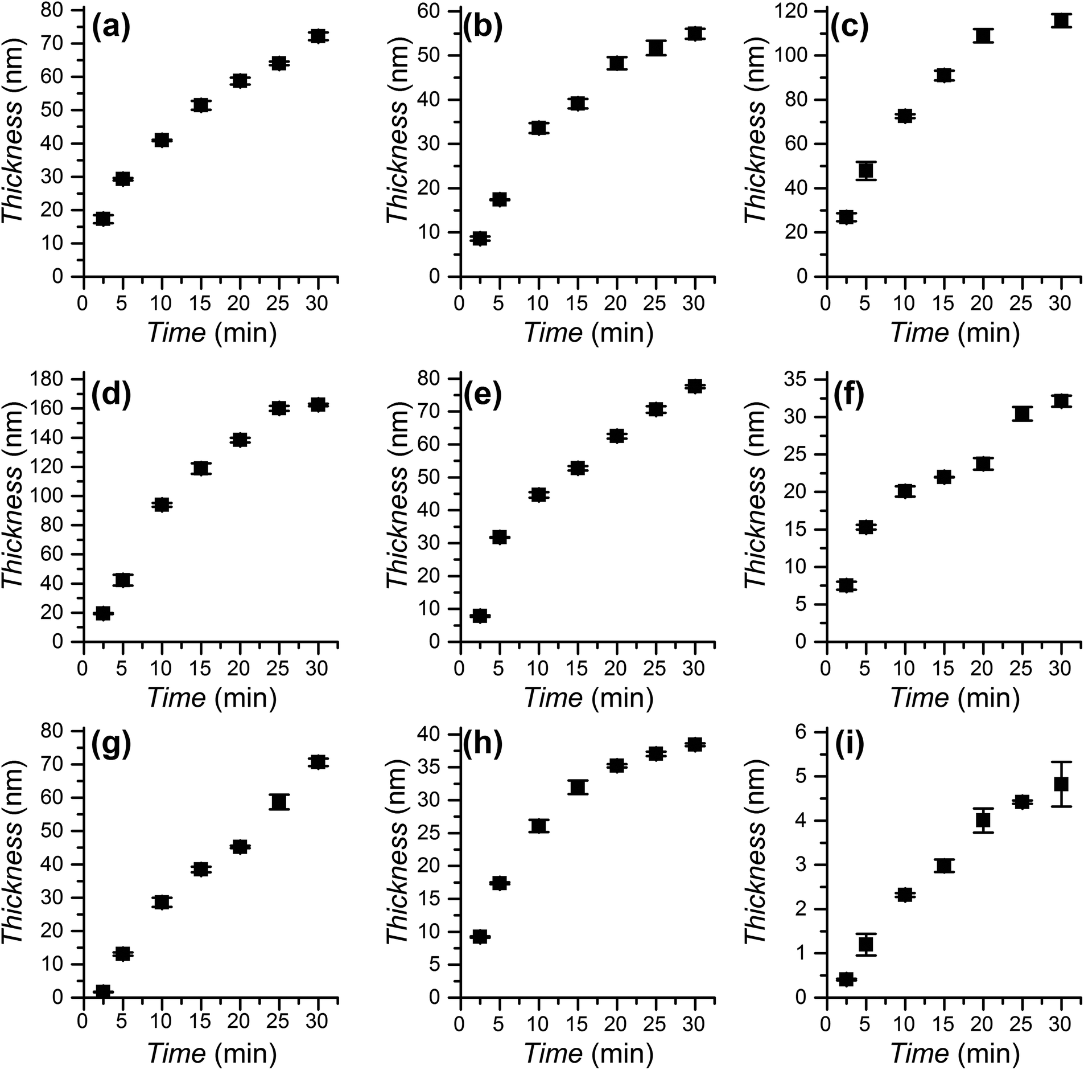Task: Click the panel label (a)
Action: click(111, 29)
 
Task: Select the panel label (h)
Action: click(483, 744)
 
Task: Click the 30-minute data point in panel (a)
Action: click(318, 36)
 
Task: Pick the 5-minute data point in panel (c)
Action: click(865, 170)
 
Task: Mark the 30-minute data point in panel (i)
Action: click(1061, 784)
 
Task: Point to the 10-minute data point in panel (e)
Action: click(538, 494)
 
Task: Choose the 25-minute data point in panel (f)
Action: click(1022, 414)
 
